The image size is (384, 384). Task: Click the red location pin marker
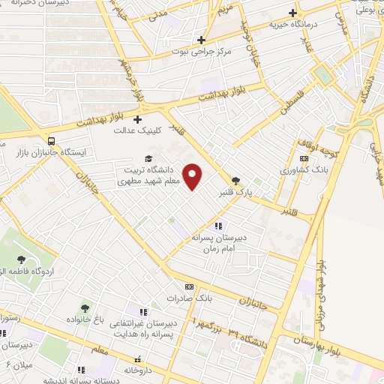tap(193, 176)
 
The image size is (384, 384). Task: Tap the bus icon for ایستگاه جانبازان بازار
tap(50, 140)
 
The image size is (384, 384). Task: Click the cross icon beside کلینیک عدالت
tap(137, 118)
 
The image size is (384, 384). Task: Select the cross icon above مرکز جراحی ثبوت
tap(201, 40)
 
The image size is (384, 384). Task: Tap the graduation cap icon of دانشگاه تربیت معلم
tap(148, 159)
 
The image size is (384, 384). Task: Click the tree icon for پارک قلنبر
tap(237, 180)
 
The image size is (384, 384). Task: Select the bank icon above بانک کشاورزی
tap(304, 158)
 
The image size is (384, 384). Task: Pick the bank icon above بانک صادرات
tap(189, 286)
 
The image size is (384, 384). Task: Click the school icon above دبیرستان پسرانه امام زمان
tap(218, 225)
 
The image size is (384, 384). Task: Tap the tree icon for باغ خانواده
tap(85, 307)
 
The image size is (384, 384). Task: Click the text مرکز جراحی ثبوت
tap(198, 52)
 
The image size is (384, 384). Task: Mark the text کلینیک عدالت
tap(134, 130)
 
